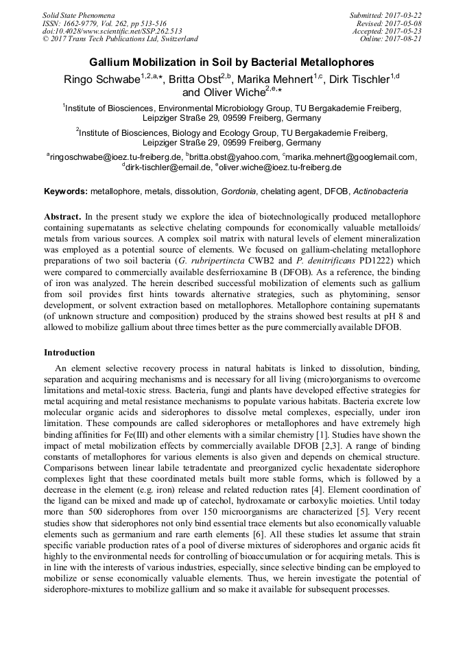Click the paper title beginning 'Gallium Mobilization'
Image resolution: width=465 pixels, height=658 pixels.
232,61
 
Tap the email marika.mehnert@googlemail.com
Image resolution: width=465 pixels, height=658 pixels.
352,157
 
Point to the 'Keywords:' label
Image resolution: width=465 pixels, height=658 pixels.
66,191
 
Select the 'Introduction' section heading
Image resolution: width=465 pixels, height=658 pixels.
69,353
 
